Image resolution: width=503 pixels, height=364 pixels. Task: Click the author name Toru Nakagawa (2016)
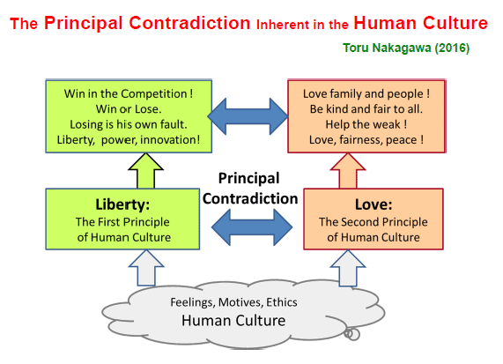[x=406, y=48]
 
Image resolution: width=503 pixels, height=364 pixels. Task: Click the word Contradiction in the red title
[x=189, y=23]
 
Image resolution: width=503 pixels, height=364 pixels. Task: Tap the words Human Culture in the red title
[x=420, y=23]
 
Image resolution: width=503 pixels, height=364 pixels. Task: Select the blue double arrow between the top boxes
[x=248, y=116]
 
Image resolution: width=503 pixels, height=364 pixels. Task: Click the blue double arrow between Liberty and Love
[x=252, y=227]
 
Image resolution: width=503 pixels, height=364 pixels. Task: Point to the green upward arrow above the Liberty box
[x=145, y=171]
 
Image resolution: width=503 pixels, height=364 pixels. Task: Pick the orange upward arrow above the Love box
[x=348, y=171]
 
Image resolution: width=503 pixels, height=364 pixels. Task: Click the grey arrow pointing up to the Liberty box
[x=146, y=268]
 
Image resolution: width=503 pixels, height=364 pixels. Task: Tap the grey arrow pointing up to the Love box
[x=348, y=268]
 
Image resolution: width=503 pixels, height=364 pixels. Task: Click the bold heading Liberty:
[x=122, y=204]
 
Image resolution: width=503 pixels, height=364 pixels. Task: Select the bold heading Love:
[x=374, y=204]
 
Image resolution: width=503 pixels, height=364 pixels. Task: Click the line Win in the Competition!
[x=129, y=93]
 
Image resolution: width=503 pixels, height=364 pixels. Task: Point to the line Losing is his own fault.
[x=129, y=124]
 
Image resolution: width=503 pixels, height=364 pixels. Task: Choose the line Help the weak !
[x=366, y=124]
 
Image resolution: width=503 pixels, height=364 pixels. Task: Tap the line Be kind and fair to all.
[x=366, y=109]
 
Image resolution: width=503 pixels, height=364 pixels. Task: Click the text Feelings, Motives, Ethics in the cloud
[x=233, y=302]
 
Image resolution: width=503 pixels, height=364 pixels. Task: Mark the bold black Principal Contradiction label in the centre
[x=250, y=189]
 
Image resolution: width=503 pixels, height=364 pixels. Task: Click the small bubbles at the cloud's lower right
[x=351, y=334]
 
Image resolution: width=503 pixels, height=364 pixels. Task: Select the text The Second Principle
[x=374, y=222]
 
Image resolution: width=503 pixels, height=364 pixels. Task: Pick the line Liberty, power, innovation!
[x=129, y=140]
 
